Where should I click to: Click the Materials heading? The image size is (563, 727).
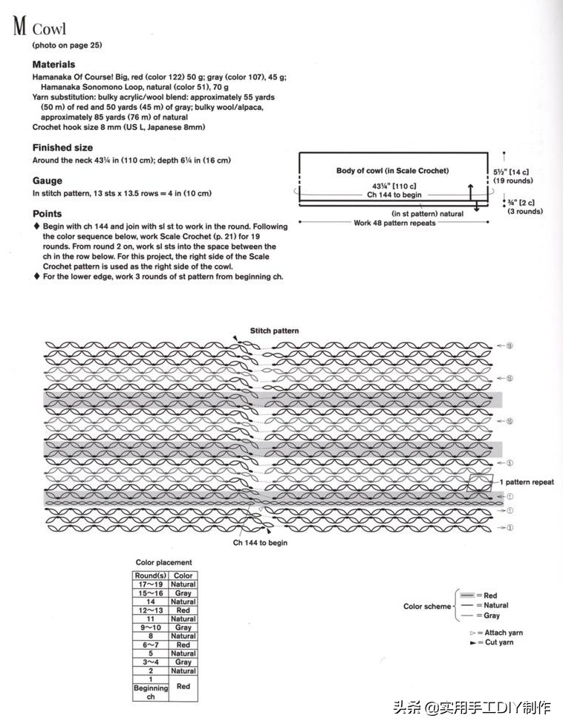coord(53,65)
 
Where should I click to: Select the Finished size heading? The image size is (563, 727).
coord(62,148)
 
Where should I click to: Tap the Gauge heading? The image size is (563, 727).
coord(48,180)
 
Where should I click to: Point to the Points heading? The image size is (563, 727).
coord(47,214)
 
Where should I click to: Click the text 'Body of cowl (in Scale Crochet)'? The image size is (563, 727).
coord(392,171)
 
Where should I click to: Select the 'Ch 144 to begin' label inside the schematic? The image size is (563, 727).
coord(394,195)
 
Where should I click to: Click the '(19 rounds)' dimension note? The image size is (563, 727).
coord(512,180)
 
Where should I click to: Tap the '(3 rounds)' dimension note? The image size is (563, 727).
coord(524,211)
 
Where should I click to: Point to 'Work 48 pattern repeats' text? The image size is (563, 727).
coord(394,222)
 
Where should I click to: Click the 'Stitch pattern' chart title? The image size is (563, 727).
coord(274,330)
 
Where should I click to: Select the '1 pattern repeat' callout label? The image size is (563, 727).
coord(526,482)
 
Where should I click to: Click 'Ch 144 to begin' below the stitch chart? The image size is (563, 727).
coord(260,543)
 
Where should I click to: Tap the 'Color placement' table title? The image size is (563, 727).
coord(163,562)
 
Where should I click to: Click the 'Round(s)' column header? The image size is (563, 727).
coord(151,576)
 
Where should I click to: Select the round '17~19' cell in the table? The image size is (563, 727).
coord(151,584)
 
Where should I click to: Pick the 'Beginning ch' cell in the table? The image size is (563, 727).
coord(151,692)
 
